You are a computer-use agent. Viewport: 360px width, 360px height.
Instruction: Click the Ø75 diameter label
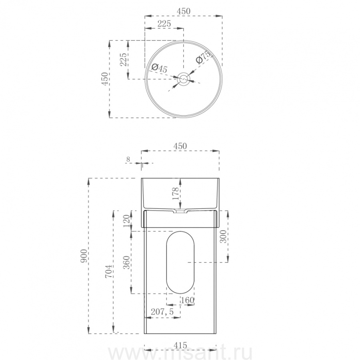[203, 57]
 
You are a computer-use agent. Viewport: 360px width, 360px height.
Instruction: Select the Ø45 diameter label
[159, 68]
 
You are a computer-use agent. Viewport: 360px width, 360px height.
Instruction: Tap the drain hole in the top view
[184, 79]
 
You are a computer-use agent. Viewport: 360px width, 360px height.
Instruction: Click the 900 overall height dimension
[84, 256]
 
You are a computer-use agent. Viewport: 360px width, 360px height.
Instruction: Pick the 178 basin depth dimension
[176, 194]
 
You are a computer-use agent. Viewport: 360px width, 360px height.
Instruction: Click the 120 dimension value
[126, 221]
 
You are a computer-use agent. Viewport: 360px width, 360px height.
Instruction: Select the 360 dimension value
[126, 263]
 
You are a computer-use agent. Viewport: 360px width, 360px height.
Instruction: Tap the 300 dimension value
[223, 236]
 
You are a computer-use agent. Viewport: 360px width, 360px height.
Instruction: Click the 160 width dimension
[188, 300]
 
